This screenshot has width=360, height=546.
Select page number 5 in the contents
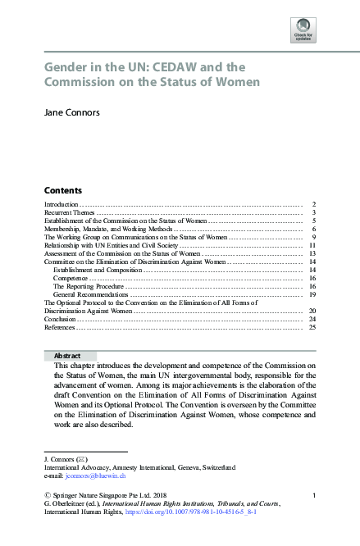click(x=313, y=221)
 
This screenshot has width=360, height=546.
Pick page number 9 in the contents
click(x=313, y=237)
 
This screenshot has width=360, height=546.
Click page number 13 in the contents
click(x=312, y=253)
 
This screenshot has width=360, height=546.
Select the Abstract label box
click(x=67, y=356)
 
